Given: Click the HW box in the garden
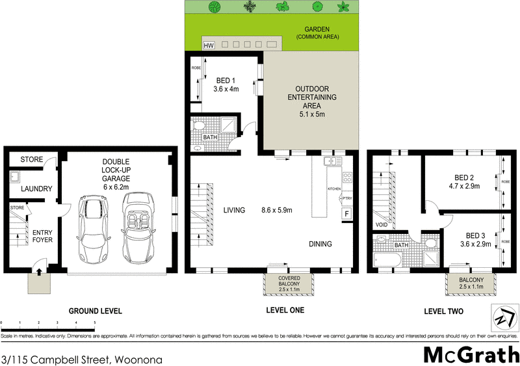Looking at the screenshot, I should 209,46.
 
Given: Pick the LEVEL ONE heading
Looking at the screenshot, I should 285,310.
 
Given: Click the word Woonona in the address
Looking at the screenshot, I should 138,359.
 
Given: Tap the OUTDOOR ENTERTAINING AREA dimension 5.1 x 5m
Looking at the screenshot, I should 310,114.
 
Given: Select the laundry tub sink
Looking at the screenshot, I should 14,176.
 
